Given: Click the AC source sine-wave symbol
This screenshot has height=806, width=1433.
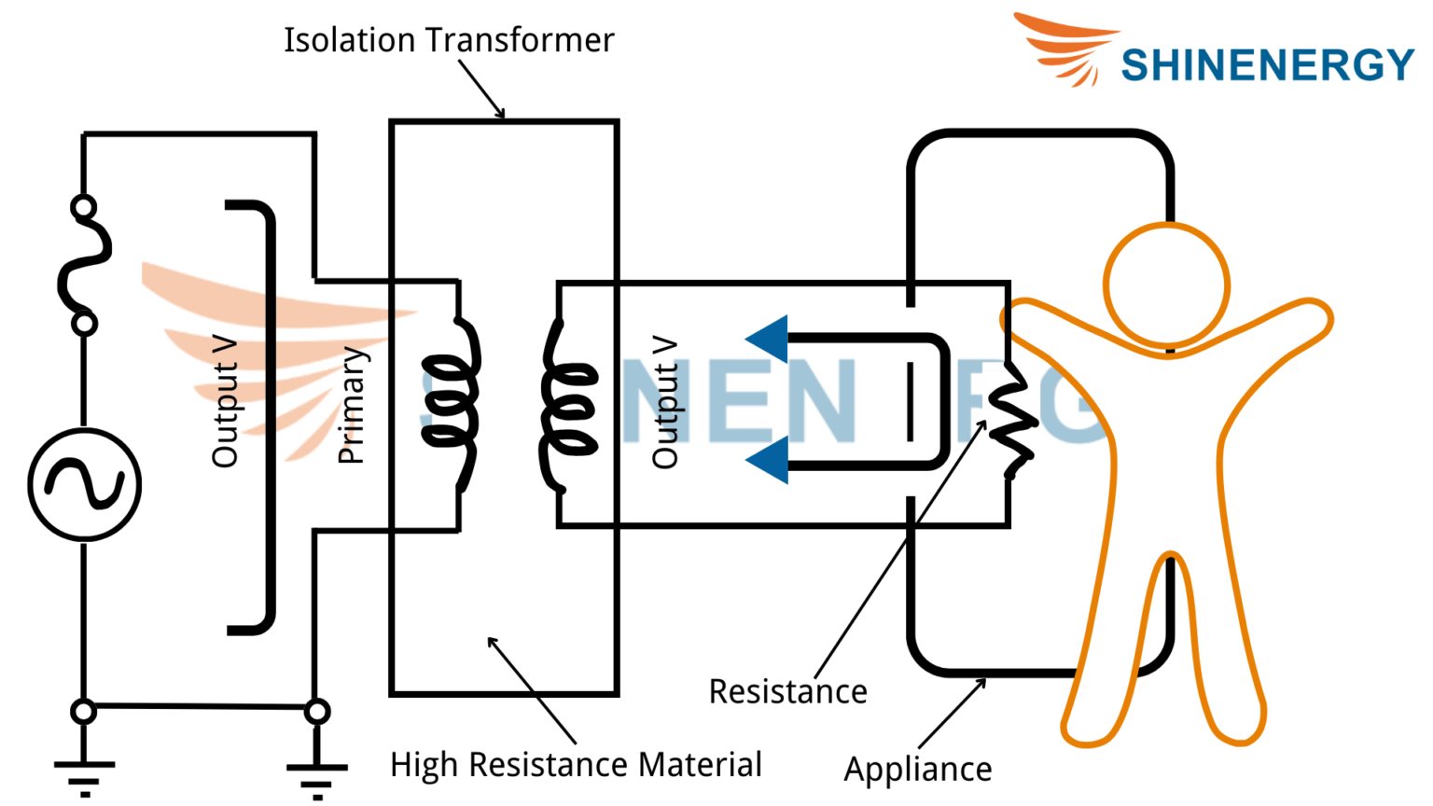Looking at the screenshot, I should click(84, 484).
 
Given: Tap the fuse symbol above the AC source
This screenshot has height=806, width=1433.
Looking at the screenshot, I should click(84, 265).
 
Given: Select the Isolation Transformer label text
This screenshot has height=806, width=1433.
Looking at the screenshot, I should click(449, 40).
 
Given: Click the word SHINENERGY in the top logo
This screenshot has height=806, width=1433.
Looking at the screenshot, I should click(1267, 65).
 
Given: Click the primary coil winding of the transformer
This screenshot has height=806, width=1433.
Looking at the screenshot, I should click(454, 403).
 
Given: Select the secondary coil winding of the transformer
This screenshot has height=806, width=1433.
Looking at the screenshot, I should click(566, 408).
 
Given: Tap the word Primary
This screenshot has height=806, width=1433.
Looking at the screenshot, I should click(351, 405).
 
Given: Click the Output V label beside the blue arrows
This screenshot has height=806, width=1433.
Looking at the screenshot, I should click(664, 402).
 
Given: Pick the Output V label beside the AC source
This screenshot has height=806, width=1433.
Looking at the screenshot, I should click(225, 402).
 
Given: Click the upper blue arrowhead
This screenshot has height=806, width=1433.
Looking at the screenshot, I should click(769, 338).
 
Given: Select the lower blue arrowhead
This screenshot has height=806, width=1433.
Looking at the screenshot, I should click(769, 460).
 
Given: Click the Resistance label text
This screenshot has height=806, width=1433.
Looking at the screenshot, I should click(787, 692).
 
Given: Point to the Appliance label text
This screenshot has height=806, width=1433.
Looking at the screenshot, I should click(918, 770).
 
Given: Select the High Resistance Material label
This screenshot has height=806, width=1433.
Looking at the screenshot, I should click(576, 765).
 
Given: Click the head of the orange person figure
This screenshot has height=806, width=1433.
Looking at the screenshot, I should click(1166, 285).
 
